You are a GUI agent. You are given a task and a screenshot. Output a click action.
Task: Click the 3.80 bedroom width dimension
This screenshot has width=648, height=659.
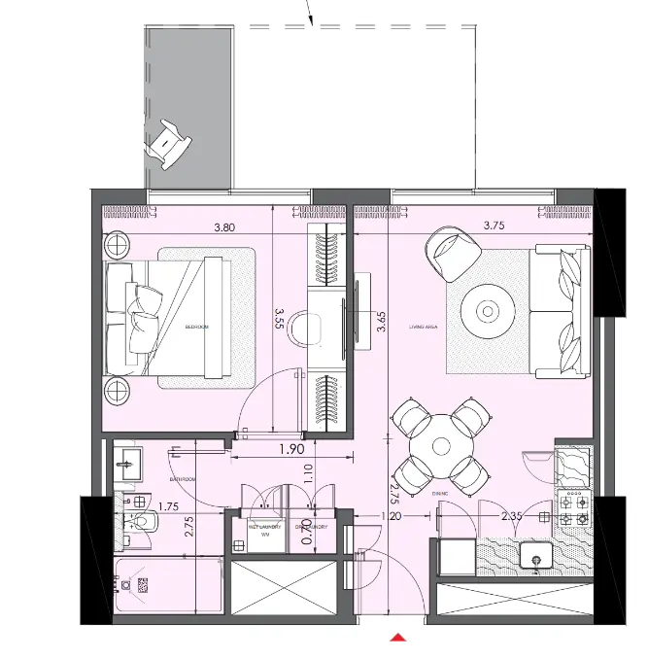[224, 229]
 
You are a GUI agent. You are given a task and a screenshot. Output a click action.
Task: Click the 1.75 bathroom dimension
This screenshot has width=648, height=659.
[168, 506]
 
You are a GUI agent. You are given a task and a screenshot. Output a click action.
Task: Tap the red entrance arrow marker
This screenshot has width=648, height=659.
[397, 638]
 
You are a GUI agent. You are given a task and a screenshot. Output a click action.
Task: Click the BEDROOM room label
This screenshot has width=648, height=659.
[197, 328]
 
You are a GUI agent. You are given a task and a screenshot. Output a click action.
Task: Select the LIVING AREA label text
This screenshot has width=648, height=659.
[424, 329]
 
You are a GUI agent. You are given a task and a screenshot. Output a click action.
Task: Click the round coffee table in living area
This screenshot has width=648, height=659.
[488, 310]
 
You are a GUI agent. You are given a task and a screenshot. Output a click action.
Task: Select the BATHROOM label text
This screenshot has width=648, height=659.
[184, 480]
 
